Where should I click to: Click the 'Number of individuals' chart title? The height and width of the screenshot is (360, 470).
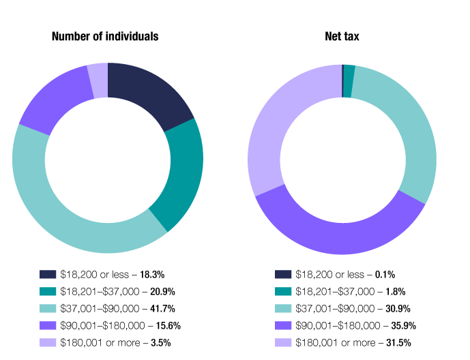point(105,36)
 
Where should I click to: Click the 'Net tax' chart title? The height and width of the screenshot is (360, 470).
point(342,36)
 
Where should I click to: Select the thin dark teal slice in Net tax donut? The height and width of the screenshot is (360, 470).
point(349,72)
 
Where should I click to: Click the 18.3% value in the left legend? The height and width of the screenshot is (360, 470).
point(153,274)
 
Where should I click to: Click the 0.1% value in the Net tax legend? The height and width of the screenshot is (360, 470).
point(385,274)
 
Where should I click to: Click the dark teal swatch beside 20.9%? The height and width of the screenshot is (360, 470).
point(48,291)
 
